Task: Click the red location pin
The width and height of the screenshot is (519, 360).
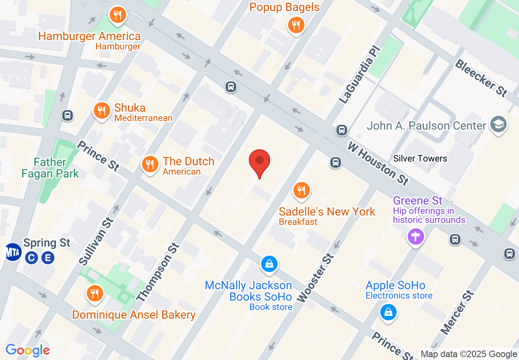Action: (x=259, y=162)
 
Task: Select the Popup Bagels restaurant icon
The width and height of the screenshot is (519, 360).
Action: (x=296, y=25)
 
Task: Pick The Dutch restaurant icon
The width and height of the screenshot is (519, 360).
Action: (x=150, y=164)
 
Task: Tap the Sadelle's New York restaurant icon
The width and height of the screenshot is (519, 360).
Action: (x=302, y=191)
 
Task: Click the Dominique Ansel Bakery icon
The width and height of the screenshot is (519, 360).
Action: (x=95, y=293)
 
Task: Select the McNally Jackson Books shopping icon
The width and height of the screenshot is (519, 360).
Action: (x=269, y=264)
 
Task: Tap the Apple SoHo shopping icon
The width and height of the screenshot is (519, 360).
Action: (x=388, y=313)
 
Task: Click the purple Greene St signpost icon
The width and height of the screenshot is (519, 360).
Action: (x=416, y=236)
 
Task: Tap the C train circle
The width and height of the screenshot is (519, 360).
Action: (x=31, y=258)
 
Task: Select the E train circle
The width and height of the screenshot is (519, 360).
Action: (x=48, y=258)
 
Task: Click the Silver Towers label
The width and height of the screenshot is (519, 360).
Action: (x=420, y=158)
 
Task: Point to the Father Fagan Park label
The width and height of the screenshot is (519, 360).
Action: (x=50, y=168)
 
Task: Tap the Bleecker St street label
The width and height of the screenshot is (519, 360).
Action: (x=481, y=78)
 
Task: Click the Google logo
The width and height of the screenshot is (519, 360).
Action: (x=28, y=350)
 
